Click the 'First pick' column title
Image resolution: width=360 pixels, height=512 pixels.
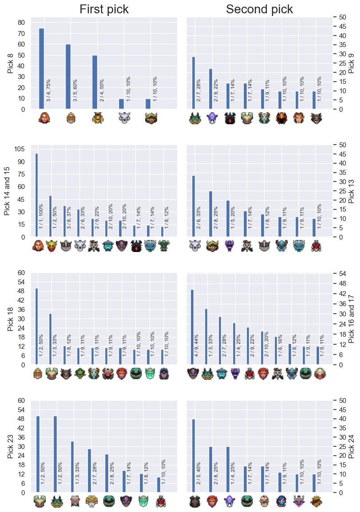(x=104, y=9)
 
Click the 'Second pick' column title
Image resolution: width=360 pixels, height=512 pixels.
(x=259, y=9)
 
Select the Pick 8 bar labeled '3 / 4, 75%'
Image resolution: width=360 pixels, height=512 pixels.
(x=41, y=69)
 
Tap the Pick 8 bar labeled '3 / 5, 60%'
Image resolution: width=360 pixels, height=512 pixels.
(x=68, y=77)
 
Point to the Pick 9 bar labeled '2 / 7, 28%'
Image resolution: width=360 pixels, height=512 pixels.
(x=194, y=83)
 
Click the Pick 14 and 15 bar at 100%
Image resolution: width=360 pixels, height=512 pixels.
(x=36, y=195)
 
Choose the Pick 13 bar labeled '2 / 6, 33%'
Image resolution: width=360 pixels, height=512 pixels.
(x=194, y=206)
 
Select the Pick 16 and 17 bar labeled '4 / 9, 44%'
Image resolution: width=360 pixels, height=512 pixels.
(x=192, y=327)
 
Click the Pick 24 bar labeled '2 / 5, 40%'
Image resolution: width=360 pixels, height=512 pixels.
(x=194, y=456)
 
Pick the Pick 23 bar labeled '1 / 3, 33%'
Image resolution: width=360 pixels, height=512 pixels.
(x=72, y=467)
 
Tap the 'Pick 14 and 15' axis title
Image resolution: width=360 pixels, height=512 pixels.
(x=7, y=191)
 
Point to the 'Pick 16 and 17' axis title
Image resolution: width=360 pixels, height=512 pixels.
(x=351, y=319)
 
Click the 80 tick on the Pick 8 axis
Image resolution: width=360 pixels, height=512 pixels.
(x=21, y=23)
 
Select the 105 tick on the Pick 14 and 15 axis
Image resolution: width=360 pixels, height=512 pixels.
(x=20, y=149)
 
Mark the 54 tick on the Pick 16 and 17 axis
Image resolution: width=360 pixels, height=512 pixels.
(x=342, y=274)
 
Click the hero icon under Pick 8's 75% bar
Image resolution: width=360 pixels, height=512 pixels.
(x=44, y=118)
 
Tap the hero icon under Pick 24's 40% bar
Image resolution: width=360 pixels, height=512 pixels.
(x=195, y=501)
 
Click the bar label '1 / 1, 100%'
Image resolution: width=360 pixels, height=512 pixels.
(x=41, y=216)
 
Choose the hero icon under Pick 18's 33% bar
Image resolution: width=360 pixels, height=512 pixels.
(x=51, y=374)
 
